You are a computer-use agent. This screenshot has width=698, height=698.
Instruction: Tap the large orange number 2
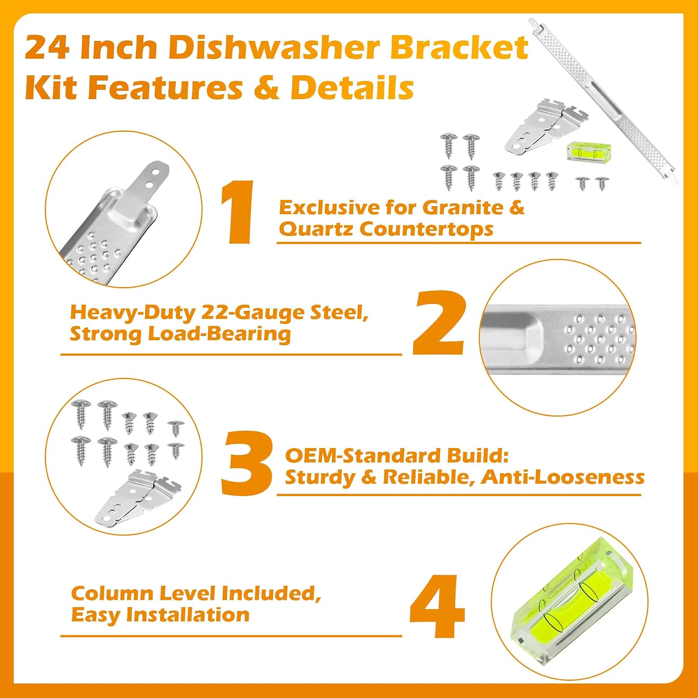coord(439,322)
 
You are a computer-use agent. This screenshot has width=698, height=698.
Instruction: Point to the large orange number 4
coord(437,606)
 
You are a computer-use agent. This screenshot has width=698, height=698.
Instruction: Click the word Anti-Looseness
coord(563,477)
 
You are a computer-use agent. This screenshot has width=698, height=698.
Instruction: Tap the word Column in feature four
coord(112,593)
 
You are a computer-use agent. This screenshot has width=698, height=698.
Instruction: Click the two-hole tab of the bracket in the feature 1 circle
coord(150,182)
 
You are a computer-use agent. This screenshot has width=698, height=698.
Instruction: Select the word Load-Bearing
coord(219,334)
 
